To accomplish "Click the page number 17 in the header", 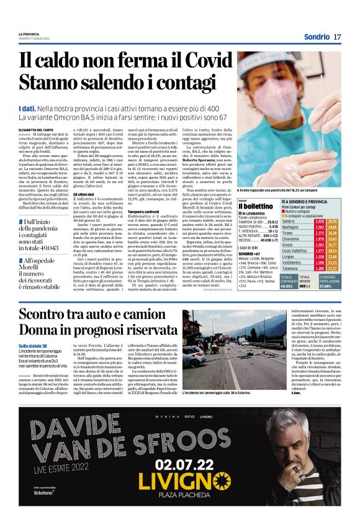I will (337, 37).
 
